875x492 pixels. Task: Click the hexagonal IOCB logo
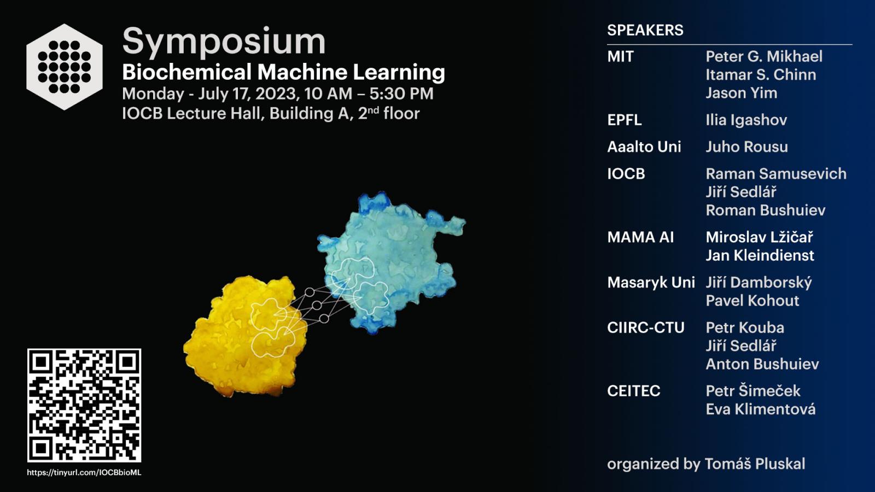point(65,67)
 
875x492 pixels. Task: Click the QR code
point(84,405)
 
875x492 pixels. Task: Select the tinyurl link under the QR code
point(84,472)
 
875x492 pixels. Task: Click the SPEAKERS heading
point(645,30)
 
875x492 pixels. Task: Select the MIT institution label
point(620,57)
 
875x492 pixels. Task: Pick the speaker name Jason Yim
point(742,93)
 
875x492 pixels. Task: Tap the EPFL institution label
point(624,120)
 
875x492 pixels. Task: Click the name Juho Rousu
point(746,147)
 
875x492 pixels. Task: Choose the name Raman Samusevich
point(776,174)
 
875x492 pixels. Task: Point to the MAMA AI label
point(640,237)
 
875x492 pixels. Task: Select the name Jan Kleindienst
point(760,255)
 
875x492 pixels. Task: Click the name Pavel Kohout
point(752,301)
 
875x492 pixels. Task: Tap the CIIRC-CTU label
point(646,327)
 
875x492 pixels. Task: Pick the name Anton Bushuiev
point(762,364)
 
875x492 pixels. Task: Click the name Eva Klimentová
point(761,409)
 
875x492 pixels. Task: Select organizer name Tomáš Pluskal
point(755,464)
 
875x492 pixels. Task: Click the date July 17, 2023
point(249,93)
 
